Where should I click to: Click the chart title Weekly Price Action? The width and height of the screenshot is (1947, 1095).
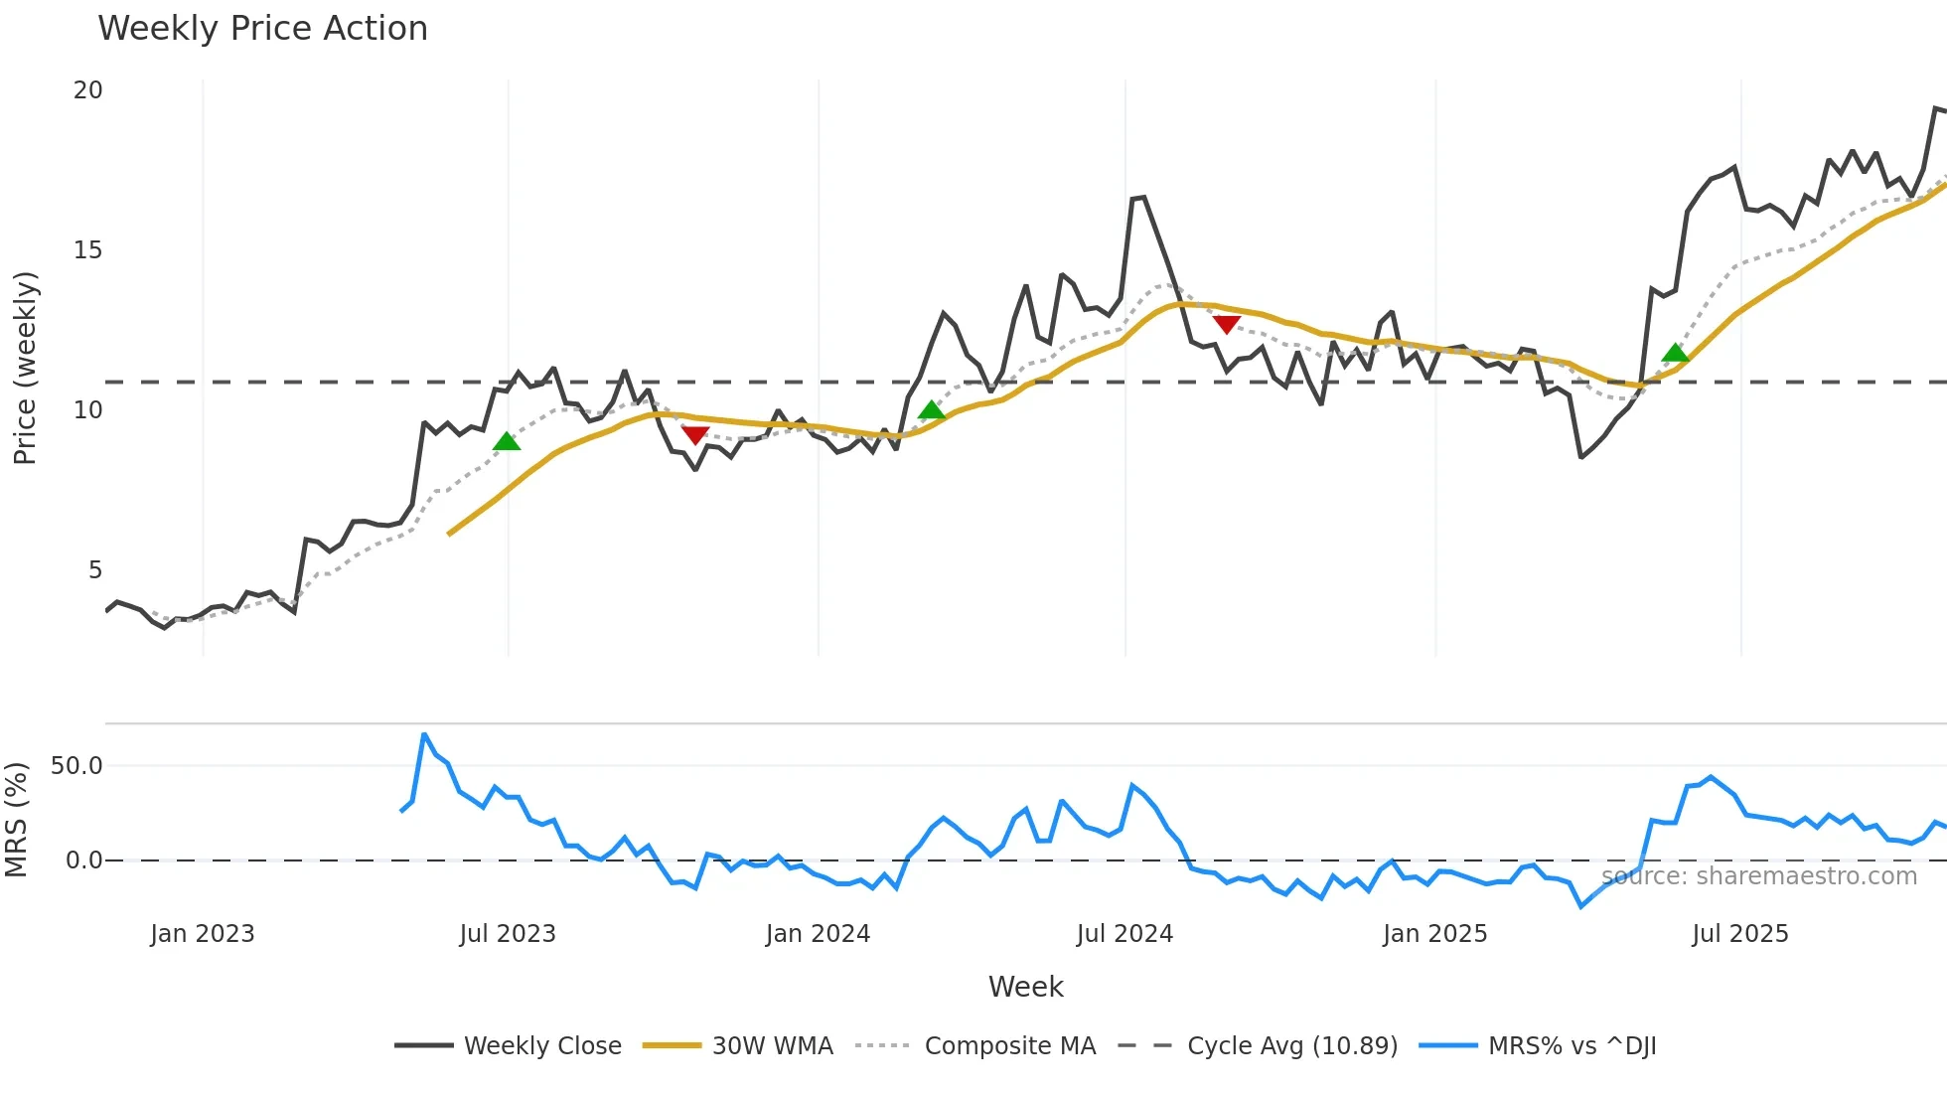[x=262, y=29]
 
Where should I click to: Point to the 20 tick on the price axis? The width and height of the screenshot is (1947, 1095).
[x=88, y=90]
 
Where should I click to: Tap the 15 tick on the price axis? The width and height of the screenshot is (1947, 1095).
[x=88, y=250]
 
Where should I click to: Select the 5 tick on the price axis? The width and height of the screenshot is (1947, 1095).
[x=95, y=570]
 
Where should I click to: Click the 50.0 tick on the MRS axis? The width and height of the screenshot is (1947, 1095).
[x=76, y=766]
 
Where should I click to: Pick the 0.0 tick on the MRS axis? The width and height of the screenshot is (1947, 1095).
[x=83, y=860]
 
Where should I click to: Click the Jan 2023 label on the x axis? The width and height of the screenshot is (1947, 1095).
[x=203, y=934]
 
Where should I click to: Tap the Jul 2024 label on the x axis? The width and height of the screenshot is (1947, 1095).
[x=1124, y=934]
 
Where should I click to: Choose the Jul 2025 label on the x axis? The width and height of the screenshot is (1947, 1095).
[x=1739, y=934]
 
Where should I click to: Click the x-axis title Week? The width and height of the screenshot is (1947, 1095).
[x=1025, y=987]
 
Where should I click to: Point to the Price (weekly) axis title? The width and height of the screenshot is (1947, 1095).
[x=25, y=368]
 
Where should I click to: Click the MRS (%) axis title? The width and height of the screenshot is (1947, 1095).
[x=16, y=820]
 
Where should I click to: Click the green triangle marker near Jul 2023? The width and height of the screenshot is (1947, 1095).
[x=507, y=442]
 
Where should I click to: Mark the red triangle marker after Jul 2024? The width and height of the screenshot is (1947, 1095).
[x=1227, y=324]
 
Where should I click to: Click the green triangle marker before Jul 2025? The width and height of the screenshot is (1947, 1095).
[x=1675, y=353]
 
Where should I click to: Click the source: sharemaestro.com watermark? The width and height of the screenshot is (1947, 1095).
[x=1758, y=876]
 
